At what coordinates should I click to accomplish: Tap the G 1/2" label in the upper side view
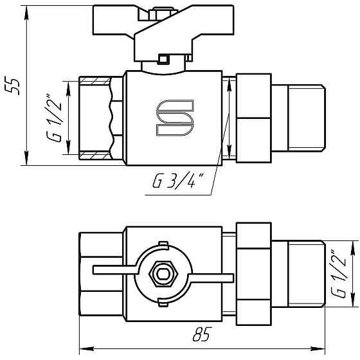pos(55,116)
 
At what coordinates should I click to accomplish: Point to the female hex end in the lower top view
pos(100,274)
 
